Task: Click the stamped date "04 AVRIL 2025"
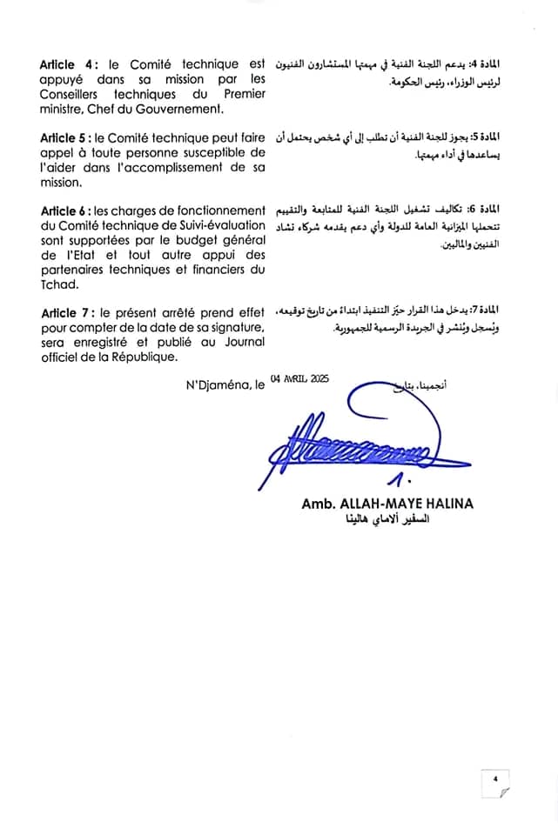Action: click(x=294, y=379)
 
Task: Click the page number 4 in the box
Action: click(x=494, y=779)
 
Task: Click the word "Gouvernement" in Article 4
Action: click(x=174, y=110)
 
